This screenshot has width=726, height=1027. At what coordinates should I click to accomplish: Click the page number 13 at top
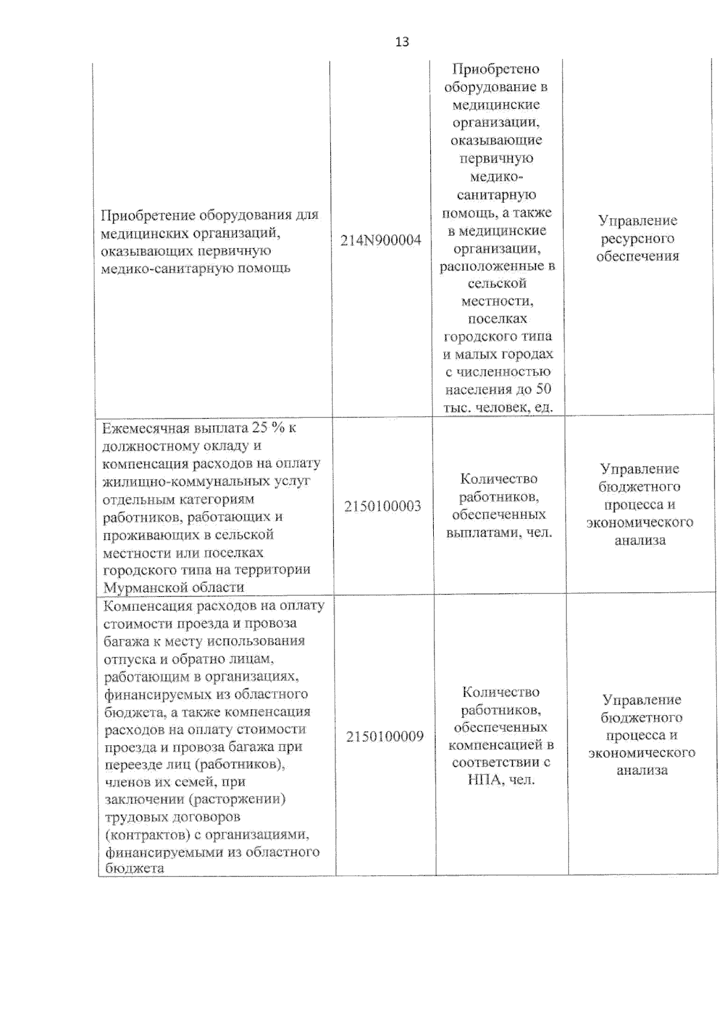(402, 42)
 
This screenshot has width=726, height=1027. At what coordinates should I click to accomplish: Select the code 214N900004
(381, 240)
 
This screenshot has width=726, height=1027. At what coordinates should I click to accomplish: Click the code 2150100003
(382, 506)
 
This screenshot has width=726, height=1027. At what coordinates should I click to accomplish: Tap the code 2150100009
(385, 736)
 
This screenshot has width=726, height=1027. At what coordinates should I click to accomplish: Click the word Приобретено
(495, 69)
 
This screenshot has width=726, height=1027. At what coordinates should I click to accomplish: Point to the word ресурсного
(637, 238)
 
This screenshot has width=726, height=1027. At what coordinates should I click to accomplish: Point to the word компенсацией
(495, 745)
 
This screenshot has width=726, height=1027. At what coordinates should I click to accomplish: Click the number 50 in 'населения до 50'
(543, 390)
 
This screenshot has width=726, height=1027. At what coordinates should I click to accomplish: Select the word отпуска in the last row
(128, 658)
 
